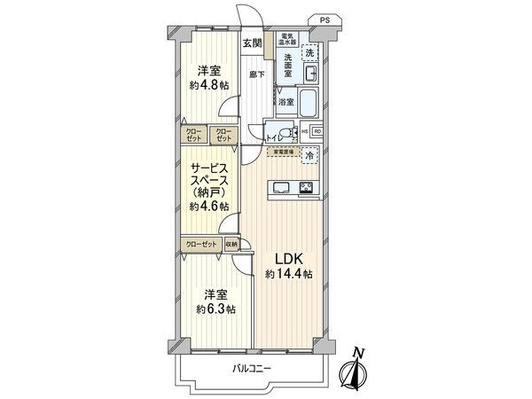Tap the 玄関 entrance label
252,43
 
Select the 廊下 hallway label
255,74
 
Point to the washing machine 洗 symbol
309,54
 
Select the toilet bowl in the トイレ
283,134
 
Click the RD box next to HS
317,133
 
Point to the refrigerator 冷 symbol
309,155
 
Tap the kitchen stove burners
306,187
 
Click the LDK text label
286,258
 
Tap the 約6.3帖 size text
216,309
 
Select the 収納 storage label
231,244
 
